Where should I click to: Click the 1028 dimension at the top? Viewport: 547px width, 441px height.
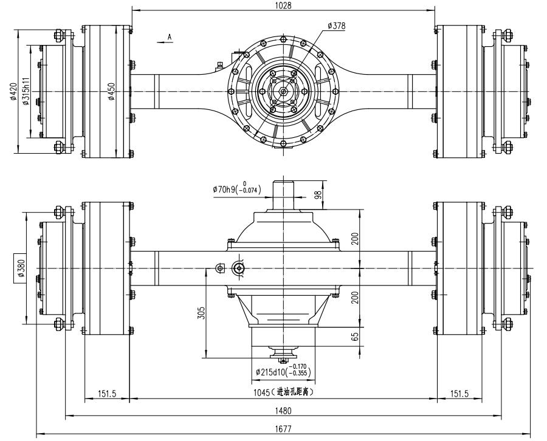283,5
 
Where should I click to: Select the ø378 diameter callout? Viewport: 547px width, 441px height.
337,26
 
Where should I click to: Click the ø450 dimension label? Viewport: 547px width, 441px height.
112,92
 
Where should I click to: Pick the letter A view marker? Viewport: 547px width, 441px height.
170,37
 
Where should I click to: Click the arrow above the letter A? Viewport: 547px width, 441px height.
162,43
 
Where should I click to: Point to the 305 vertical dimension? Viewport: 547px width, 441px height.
202,312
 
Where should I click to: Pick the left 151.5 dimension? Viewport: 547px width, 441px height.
107,394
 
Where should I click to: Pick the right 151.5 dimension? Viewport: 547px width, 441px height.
459,394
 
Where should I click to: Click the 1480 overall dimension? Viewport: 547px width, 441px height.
283,411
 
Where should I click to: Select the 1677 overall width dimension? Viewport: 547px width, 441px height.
283,429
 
